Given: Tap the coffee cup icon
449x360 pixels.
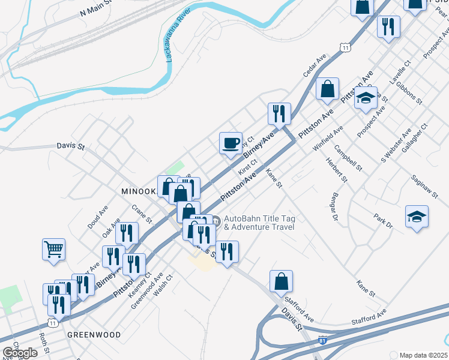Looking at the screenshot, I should click(231, 143).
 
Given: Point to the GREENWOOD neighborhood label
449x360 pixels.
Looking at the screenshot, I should click(94, 334).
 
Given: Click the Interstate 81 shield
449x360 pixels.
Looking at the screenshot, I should click(324, 340).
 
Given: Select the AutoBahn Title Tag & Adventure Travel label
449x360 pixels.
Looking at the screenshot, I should click(259, 223).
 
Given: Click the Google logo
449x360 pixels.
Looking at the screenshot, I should click(20, 353).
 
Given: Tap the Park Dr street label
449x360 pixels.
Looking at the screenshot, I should click(382, 220).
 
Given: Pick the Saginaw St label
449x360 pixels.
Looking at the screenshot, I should click(426, 187).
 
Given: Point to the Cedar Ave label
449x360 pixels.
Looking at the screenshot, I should click(314, 65).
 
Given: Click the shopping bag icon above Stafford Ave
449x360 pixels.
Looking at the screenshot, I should click(281, 281).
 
